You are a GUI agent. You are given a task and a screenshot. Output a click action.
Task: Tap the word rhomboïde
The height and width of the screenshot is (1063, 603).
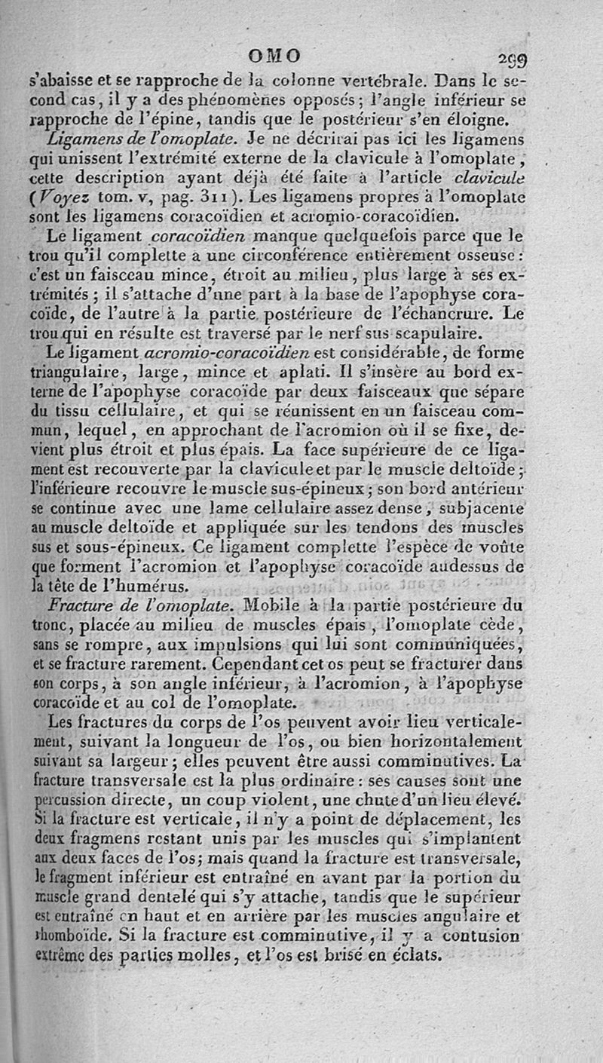[67, 939]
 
